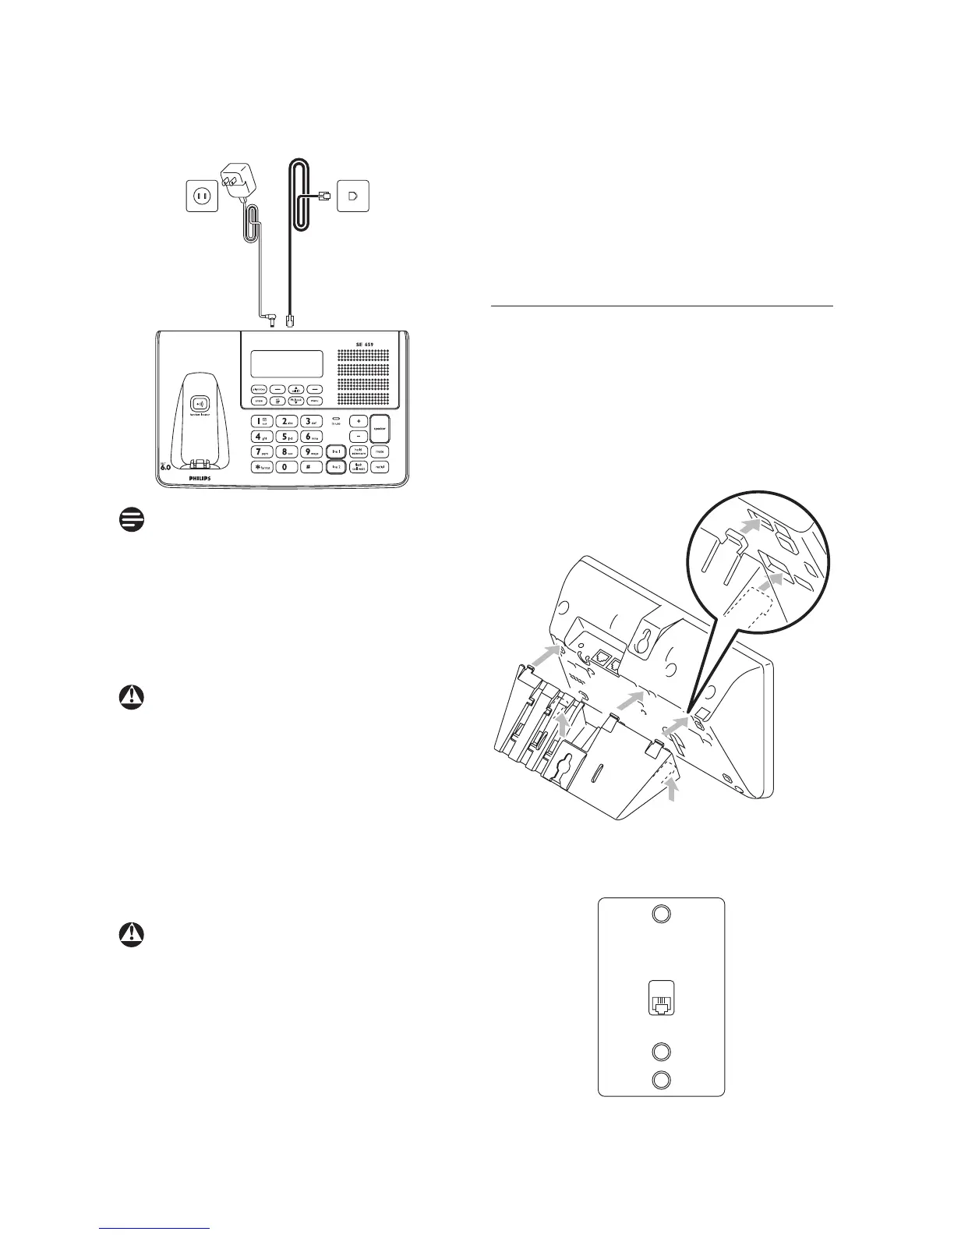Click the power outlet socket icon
coord(200,196)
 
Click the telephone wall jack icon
coord(353,196)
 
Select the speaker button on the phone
coord(380,428)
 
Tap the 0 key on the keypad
coord(284,466)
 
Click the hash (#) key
coord(309,466)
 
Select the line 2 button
coord(336,466)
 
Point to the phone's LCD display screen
coord(287,363)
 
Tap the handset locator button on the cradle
coord(202,403)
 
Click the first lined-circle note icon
coord(133,522)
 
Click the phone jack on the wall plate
coord(660,1003)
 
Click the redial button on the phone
coord(380,466)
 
